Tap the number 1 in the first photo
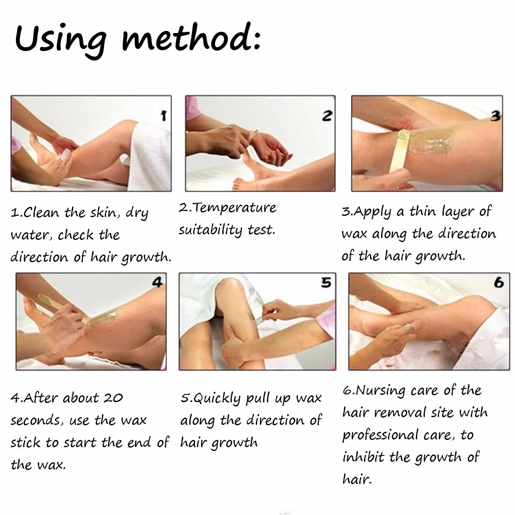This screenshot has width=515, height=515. click(x=163, y=116)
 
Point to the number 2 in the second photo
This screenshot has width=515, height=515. click(x=327, y=116)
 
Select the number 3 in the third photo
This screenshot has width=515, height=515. click(x=495, y=116)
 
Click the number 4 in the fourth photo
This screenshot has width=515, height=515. click(x=157, y=282)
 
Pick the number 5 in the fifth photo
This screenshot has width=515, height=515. click(x=326, y=282)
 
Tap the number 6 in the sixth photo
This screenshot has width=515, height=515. click(x=499, y=282)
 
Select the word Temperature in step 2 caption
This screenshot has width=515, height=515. click(x=234, y=208)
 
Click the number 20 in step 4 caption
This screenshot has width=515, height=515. click(x=113, y=398)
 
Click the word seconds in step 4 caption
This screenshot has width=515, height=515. click(x=36, y=421)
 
